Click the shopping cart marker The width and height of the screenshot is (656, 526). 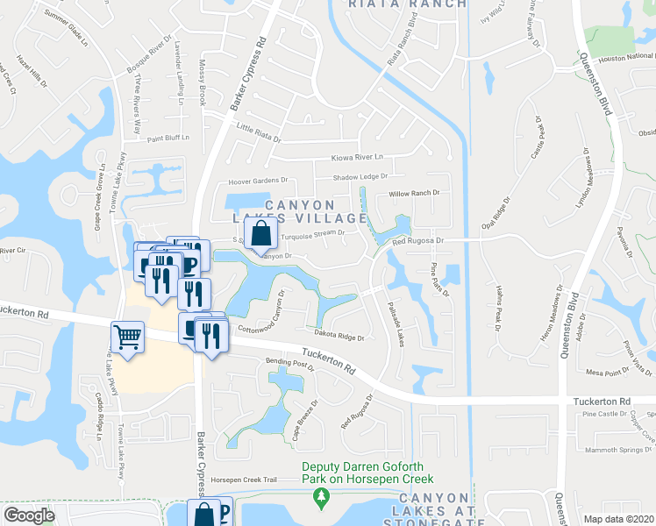pyautogui.click(x=127, y=337)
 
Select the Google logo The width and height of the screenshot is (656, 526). pyautogui.click(x=30, y=515)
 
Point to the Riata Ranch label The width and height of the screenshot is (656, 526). pyautogui.click(x=407, y=4)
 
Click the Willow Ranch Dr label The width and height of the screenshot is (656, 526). pyautogui.click(x=413, y=193)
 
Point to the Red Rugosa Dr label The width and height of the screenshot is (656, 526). pyautogui.click(x=419, y=240)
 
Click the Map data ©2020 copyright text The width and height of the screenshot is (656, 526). pyautogui.click(x=619, y=519)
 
